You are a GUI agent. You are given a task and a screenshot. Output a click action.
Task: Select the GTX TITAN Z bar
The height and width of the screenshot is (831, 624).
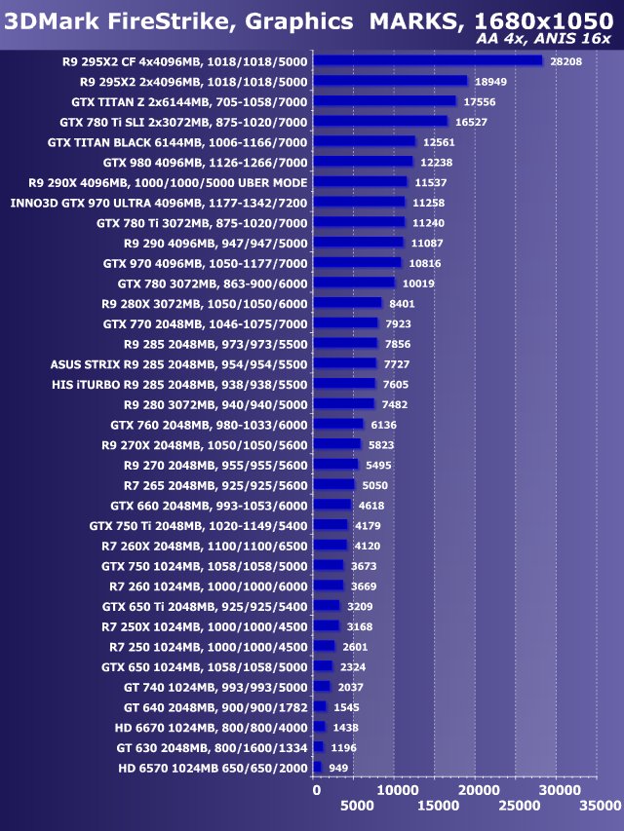pyautogui.click(x=384, y=100)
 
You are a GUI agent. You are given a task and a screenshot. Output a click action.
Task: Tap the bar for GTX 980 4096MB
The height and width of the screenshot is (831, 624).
pyautogui.click(x=363, y=162)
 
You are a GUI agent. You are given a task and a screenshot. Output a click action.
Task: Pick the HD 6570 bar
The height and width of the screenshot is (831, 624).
pyautogui.click(x=317, y=768)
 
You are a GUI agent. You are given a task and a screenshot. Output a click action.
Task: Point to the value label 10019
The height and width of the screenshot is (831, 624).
pyautogui.click(x=416, y=283)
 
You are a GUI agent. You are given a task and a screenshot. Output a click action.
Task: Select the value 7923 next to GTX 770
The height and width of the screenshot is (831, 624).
pyautogui.click(x=399, y=323)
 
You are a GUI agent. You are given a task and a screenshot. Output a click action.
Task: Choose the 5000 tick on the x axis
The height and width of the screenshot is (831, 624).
pyautogui.click(x=357, y=806)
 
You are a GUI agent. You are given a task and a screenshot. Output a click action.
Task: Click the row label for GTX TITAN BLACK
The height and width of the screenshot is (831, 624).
pyautogui.click(x=177, y=141)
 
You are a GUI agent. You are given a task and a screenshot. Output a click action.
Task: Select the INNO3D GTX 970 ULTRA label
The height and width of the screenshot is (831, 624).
pyautogui.click(x=158, y=202)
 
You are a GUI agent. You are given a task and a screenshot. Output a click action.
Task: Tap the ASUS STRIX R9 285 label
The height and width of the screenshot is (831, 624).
pyautogui.click(x=178, y=363)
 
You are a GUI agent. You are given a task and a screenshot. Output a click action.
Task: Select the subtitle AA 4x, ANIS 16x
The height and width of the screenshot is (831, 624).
pyautogui.click(x=544, y=39)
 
